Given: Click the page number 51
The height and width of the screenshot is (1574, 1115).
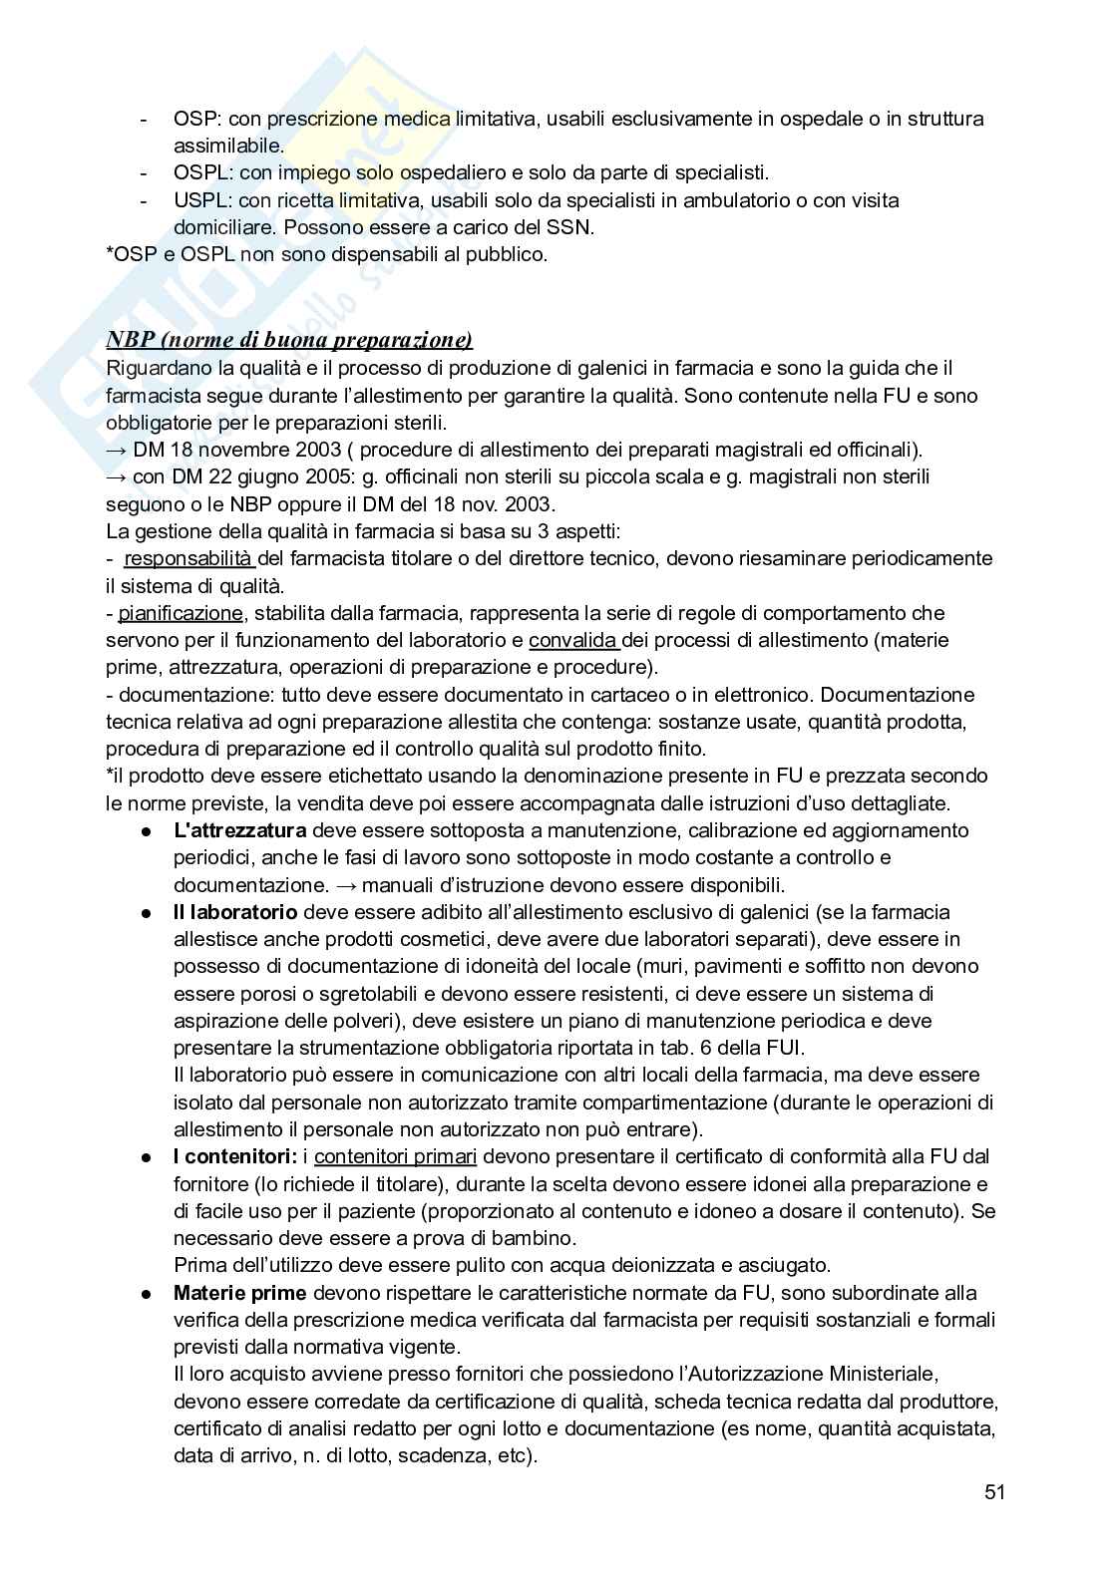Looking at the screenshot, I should pos(993,1492).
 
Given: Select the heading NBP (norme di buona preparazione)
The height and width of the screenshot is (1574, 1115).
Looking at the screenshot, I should pos(289,340).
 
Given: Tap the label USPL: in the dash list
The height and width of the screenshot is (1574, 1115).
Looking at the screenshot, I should pos(202,200).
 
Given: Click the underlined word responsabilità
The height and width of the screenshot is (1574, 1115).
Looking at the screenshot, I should pos(187,558).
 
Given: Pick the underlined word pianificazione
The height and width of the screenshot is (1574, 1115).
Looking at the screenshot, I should pos(181,613).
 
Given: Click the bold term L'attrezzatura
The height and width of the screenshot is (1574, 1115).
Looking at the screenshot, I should pos(239,830).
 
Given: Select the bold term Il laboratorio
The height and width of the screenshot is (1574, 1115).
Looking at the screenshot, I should pos(235,912).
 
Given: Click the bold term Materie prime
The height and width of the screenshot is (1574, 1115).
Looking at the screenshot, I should pos(240,1293).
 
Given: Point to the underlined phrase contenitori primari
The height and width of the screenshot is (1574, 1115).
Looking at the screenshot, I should pos(395,1157).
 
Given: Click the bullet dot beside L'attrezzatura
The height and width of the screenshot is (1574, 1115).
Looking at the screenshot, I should pos(146,831).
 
